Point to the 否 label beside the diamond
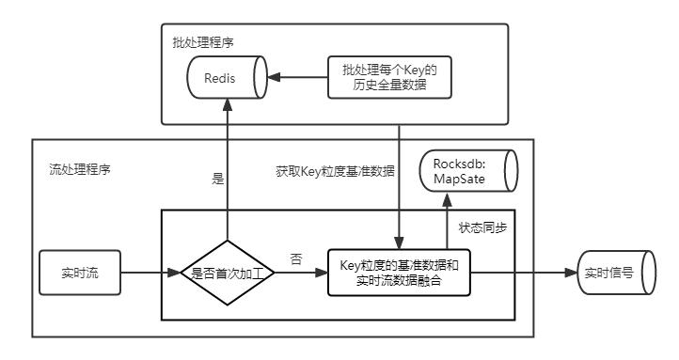tap(297, 259)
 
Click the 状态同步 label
tap(481, 227)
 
